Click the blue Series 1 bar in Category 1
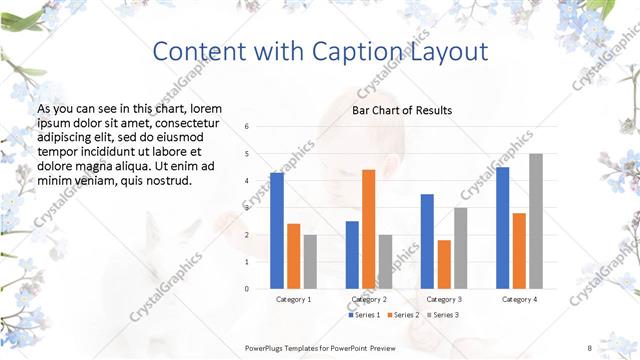tap(277, 231)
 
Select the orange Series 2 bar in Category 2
tap(368, 230)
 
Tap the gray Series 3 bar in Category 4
tap(536, 221)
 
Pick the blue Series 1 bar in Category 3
tap(427, 241)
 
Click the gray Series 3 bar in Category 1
tap(310, 262)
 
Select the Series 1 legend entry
tap(365, 315)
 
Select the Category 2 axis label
tap(368, 299)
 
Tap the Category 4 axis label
tap(519, 299)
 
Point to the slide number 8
tap(589, 347)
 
